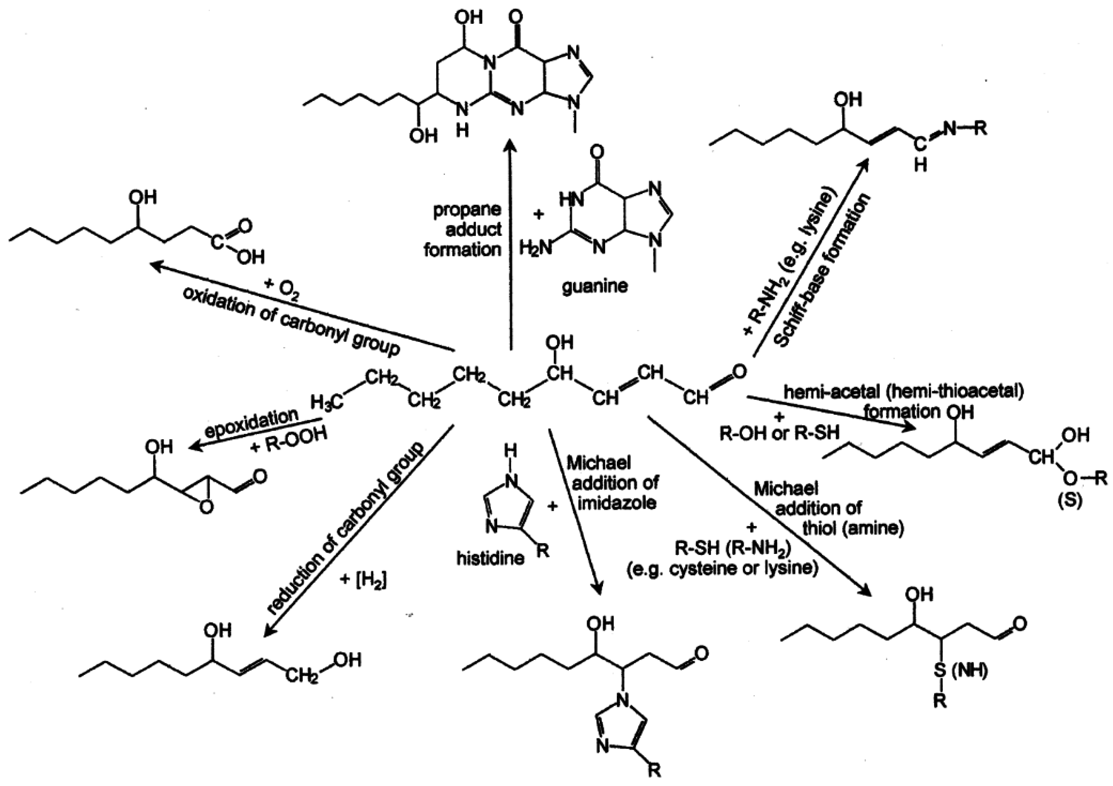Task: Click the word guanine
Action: click(594, 286)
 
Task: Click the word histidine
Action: click(490, 558)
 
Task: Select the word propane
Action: click(467, 210)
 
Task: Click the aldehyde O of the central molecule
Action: click(739, 372)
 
